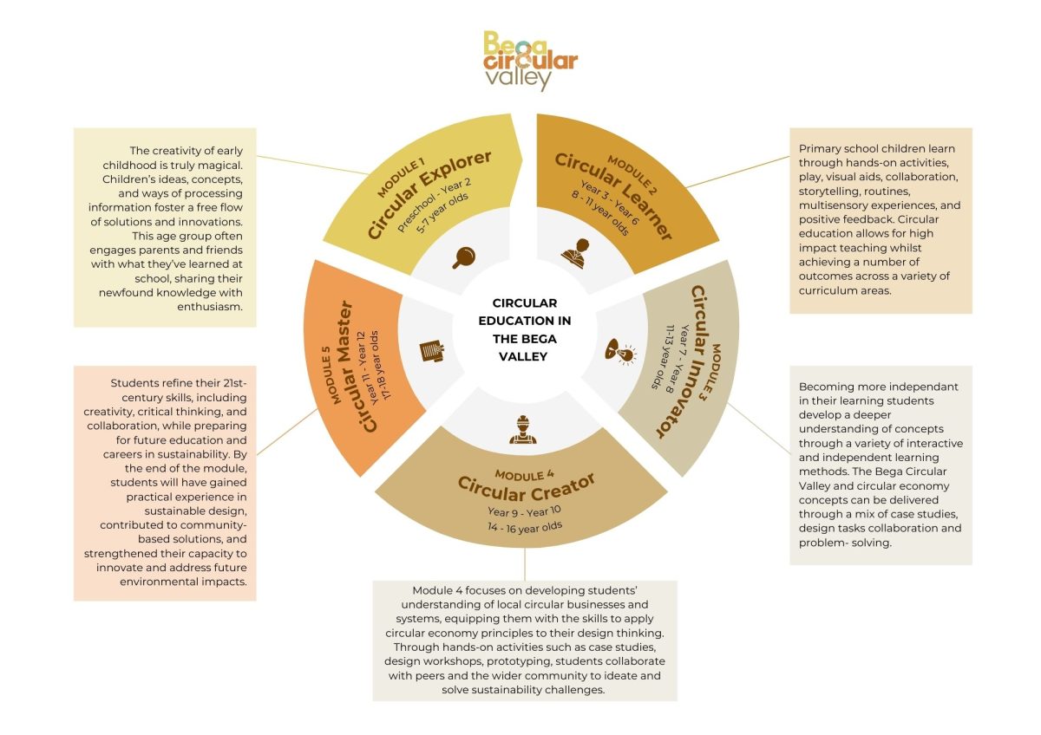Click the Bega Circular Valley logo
pyautogui.click(x=529, y=61)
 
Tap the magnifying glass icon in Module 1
pyautogui.click(x=465, y=257)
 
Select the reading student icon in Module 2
pyautogui.click(x=576, y=253)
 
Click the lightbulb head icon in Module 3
pyautogui.click(x=619, y=350)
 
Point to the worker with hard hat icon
pyautogui.click(x=522, y=430)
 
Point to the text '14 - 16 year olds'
pyautogui.click(x=524, y=525)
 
